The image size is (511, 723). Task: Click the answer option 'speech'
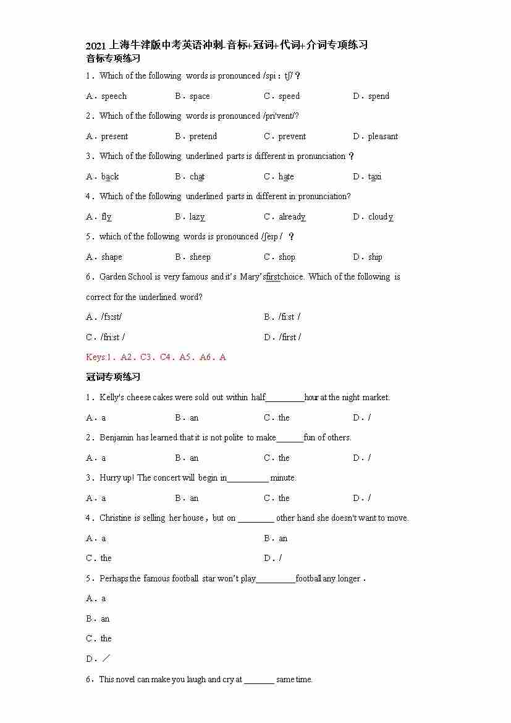pos(114,96)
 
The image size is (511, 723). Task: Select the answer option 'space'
pos(200,96)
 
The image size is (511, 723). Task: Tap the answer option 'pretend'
pos(203,137)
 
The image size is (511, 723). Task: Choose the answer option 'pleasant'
pos(383,137)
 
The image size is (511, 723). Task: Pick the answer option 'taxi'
pos(375,177)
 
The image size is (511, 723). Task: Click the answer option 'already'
pos(292,217)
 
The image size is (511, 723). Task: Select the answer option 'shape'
pos(112,257)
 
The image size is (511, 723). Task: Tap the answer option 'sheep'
pos(200,257)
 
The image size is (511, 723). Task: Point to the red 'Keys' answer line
pos(156,357)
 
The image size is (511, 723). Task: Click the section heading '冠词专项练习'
pos(113,377)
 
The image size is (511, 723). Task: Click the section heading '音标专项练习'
pos(113,59)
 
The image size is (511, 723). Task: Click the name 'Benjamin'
pos(117,438)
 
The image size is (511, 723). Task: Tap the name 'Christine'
pos(116,518)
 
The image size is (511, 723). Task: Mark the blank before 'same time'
pos(259,680)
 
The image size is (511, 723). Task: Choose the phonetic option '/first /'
pos(290,337)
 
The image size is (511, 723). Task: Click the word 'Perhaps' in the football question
pos(114,579)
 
